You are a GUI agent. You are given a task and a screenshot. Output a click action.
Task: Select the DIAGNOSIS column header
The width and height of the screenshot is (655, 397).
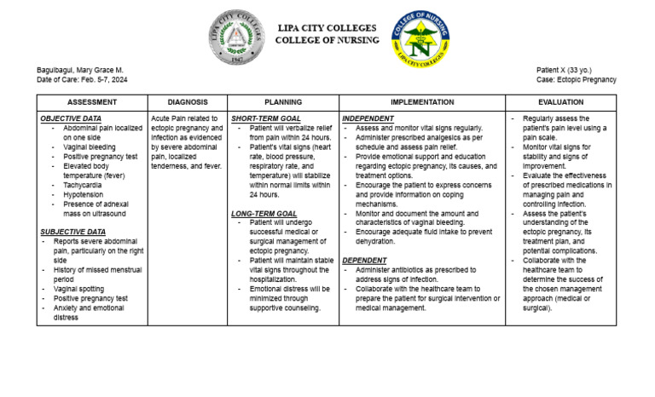coord(187,101)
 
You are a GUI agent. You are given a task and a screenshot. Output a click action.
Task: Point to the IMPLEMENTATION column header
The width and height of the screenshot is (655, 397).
coord(420,101)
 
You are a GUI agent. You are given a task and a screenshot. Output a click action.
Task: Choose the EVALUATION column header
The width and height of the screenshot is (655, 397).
coord(561,101)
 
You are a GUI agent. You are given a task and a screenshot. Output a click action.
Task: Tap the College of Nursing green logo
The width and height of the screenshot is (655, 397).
coord(420,39)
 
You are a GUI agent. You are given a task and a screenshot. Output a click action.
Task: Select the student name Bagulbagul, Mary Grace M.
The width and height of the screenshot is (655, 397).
coord(81,69)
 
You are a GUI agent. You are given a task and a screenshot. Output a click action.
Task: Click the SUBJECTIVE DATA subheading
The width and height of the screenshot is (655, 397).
coord(74,232)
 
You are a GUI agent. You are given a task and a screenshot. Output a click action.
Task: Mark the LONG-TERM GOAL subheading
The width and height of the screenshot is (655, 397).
coord(264,213)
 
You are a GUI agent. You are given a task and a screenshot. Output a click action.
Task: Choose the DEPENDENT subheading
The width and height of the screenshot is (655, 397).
coord(364,260)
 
